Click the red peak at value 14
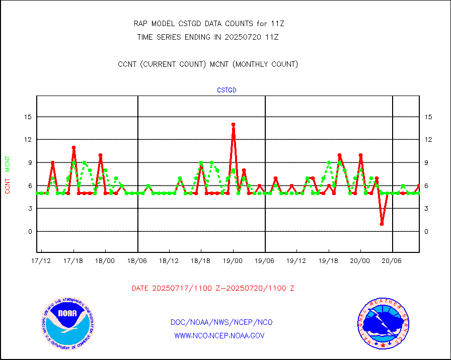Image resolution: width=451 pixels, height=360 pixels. coord(234,124)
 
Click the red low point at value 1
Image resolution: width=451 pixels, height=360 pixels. coord(382,224)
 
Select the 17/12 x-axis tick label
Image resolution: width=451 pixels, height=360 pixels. coord(41,260)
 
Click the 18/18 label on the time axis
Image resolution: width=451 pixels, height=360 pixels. coord(201,260)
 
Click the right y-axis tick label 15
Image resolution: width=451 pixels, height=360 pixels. coord(429,117)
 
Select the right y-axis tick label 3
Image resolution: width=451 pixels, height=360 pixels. coord(427,209)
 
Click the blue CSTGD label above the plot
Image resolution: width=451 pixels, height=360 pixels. coord(227,91)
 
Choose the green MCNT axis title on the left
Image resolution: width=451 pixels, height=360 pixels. coord(8,163)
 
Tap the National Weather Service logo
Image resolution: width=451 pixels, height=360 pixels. coord(383,323)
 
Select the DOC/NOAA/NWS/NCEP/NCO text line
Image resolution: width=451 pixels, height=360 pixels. coord(221,322)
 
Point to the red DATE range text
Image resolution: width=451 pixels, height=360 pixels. coord(213,289)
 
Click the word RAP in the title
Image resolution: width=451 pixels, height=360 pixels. coord(140,23)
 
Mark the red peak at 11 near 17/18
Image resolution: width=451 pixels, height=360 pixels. coord(73,148)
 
